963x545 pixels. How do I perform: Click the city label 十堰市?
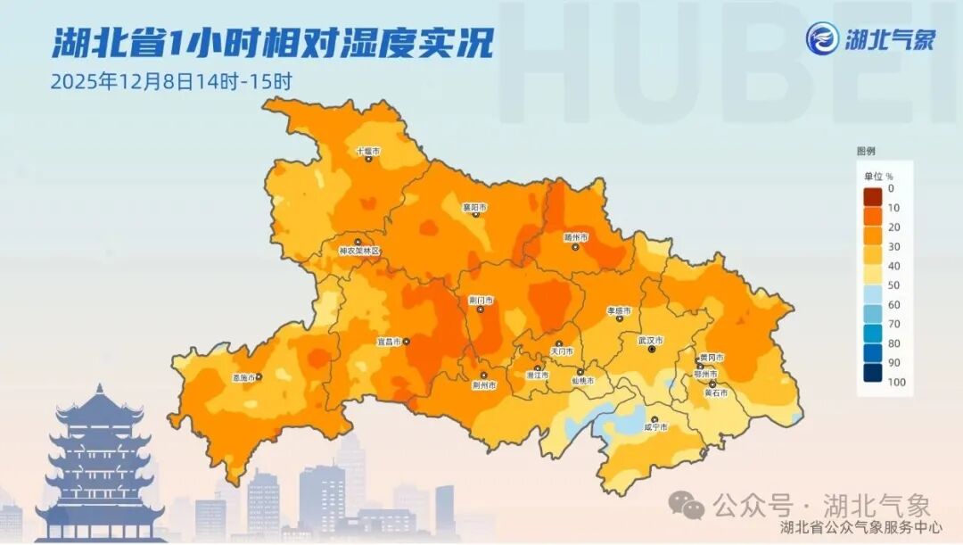click(367, 152)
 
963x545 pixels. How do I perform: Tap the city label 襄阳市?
click(474, 207)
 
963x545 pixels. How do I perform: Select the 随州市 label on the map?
click(576, 237)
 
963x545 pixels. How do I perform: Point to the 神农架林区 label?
click(359, 252)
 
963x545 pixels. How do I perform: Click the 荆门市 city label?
click(481, 301)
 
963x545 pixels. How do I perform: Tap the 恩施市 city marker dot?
click(259, 377)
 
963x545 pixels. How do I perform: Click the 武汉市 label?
click(651, 340)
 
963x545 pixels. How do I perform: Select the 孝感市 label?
click(619, 310)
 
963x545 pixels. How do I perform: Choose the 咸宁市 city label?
click(655, 428)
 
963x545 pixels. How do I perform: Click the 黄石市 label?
click(716, 392)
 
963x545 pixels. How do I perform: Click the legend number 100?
click(897, 382)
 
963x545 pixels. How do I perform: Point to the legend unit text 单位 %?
click(878, 176)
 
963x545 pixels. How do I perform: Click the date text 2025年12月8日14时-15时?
click(172, 81)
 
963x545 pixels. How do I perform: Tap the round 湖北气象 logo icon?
click(822, 39)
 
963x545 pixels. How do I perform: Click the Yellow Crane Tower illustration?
click(98, 464)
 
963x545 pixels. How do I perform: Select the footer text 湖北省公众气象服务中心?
click(860, 528)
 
